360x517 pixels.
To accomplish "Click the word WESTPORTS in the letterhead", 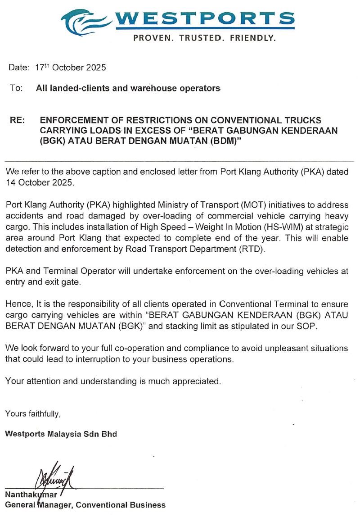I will point(205,18).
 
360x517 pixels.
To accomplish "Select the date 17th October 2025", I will point(71,68).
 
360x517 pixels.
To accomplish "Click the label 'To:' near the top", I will point(16,88).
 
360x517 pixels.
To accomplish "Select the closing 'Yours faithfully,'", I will point(33,413).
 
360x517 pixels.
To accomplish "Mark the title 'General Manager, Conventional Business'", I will point(85,505).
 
